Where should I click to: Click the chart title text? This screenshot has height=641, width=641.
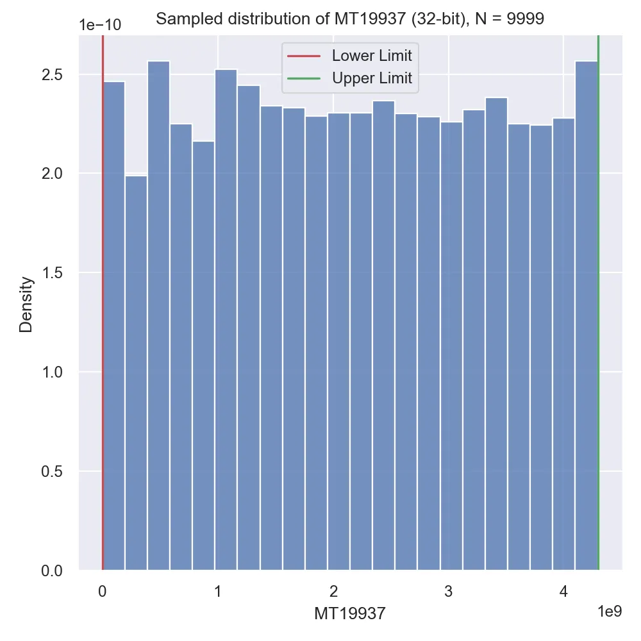[x=350, y=19]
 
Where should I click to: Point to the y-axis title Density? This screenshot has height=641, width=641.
[x=26, y=304]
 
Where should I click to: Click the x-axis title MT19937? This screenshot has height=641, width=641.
[x=350, y=613]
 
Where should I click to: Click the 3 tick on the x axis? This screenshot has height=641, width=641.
[x=448, y=591]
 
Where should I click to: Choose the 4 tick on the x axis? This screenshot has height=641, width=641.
[x=563, y=591]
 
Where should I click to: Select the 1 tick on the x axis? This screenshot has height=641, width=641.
[x=218, y=591]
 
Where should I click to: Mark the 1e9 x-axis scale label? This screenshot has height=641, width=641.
[x=609, y=612]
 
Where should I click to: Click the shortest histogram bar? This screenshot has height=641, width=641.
[x=136, y=372]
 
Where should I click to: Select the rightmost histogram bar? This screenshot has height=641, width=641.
[x=587, y=314]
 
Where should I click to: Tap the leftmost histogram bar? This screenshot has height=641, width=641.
[x=113, y=327]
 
